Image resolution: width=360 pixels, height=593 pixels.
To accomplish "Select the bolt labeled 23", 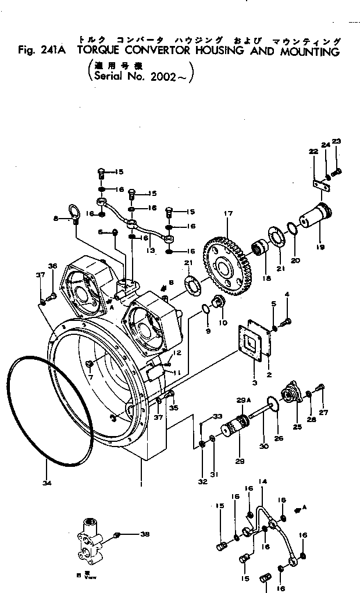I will coord(336,170).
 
